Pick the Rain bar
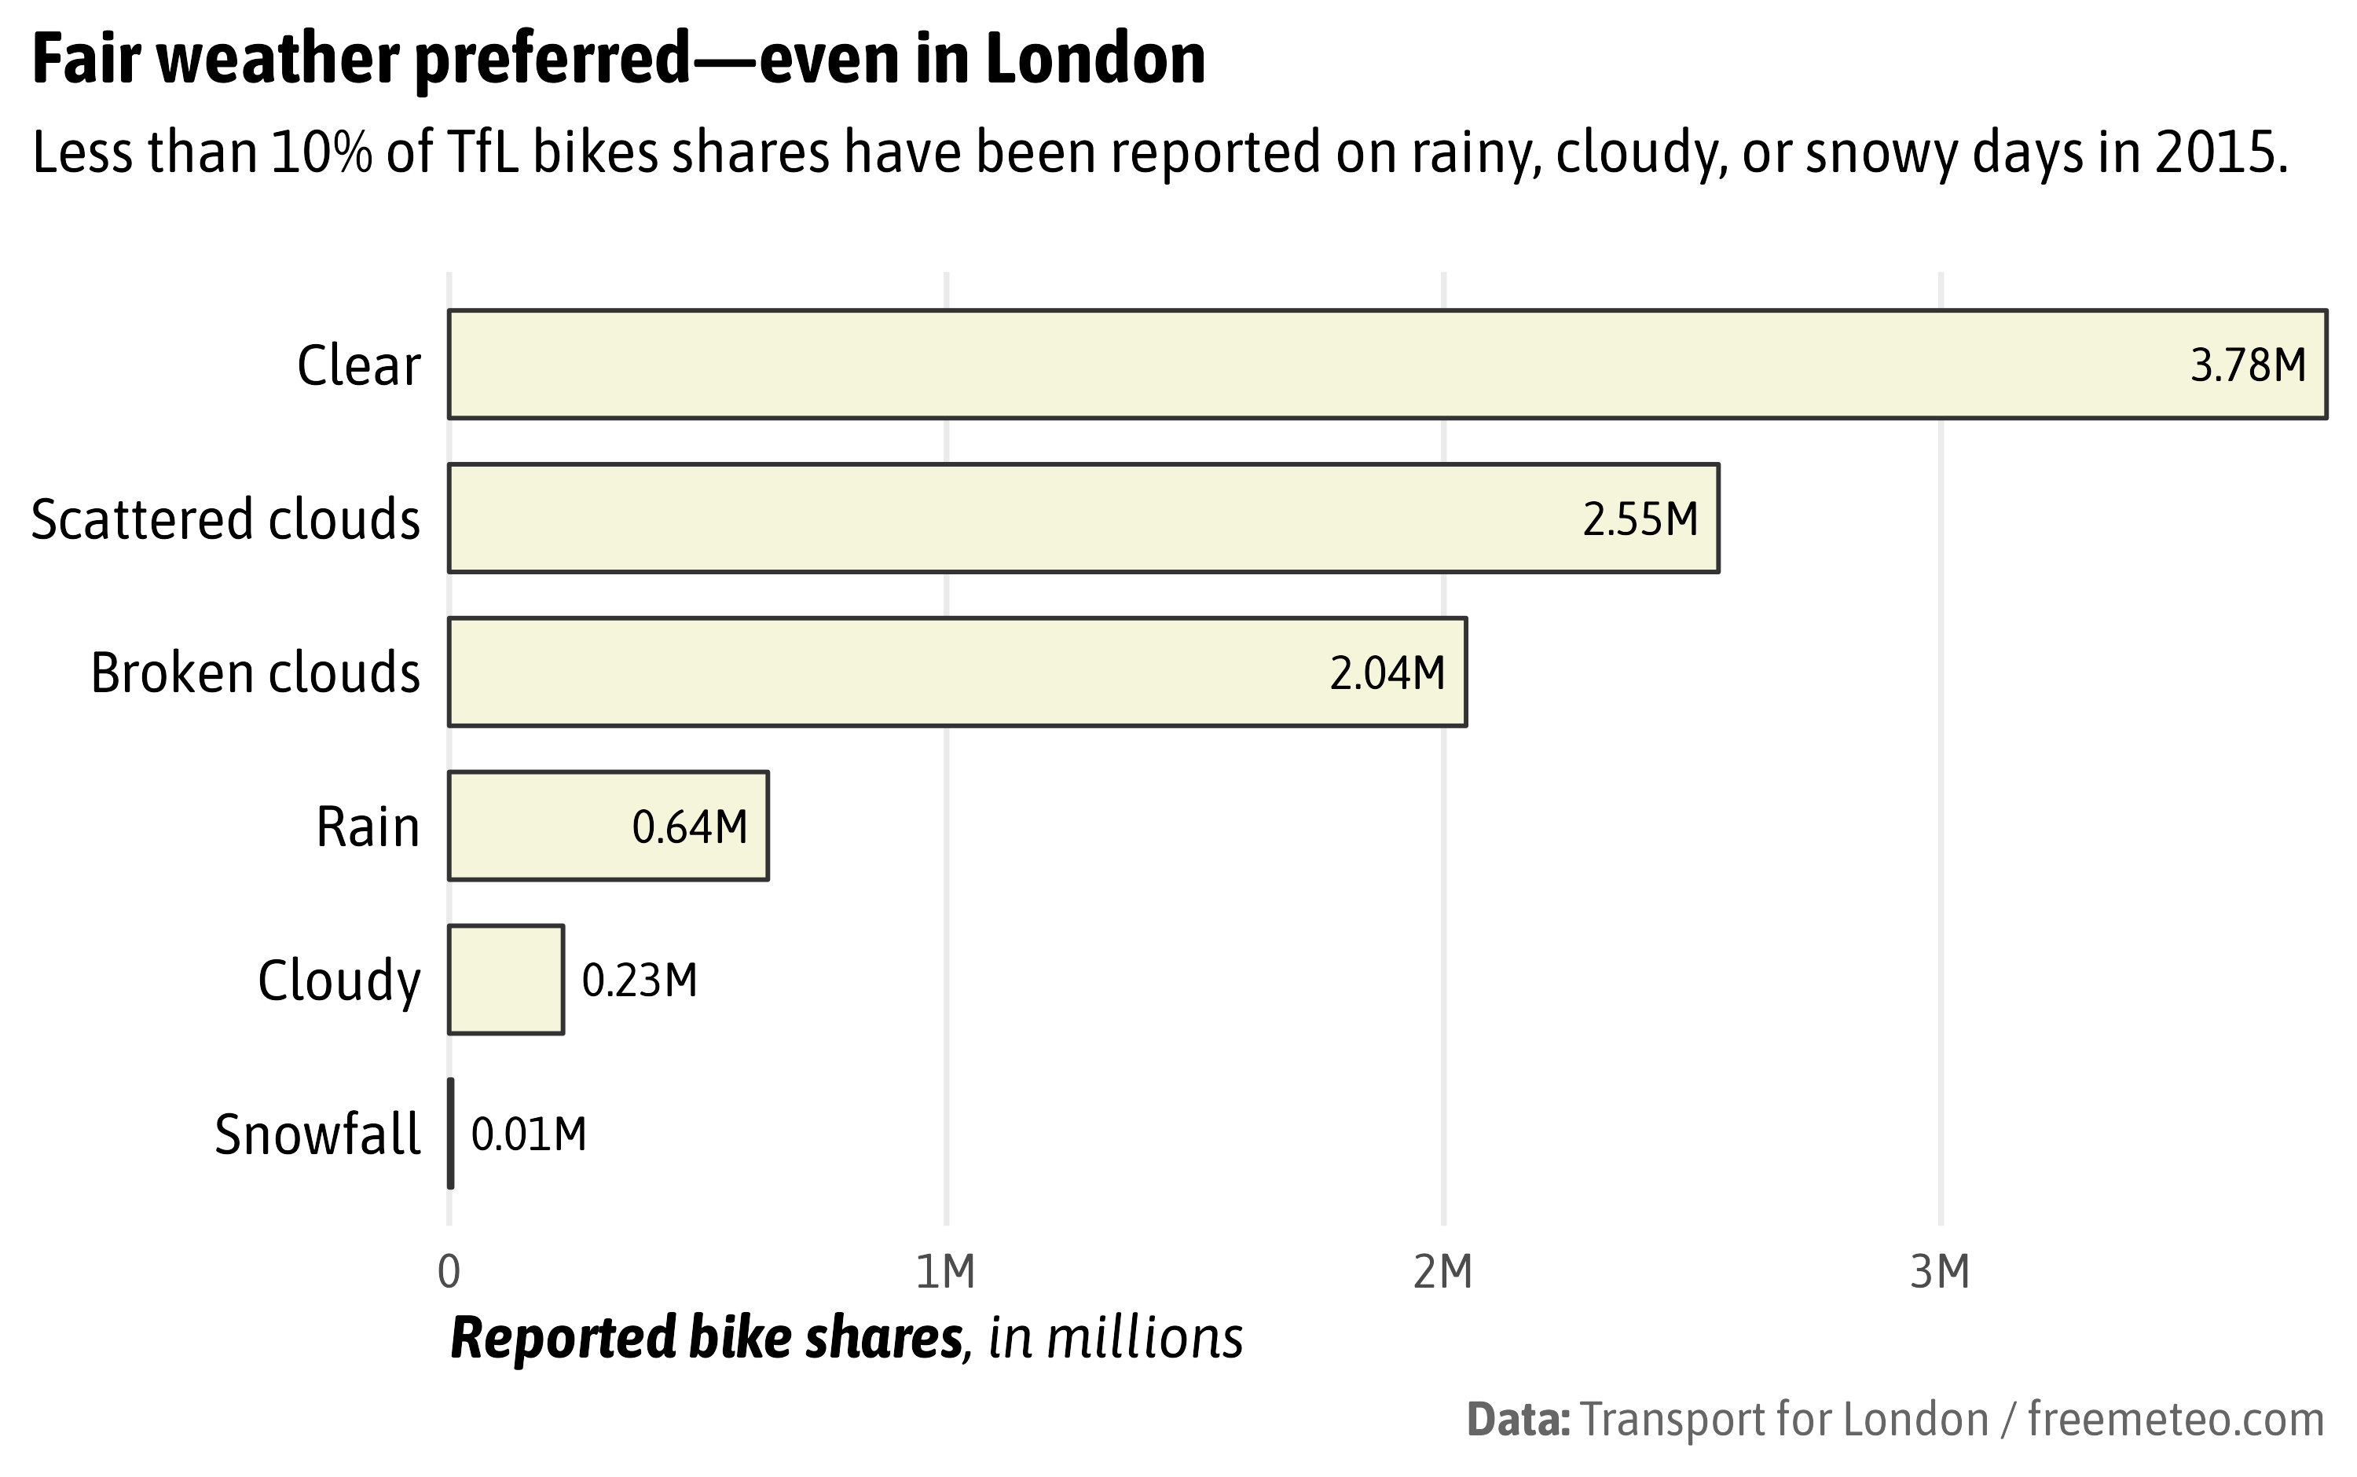tap(537, 826)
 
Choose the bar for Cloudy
tap(506, 980)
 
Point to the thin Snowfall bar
tap(450, 1133)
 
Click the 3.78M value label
tap(2248, 366)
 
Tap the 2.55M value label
tap(1640, 519)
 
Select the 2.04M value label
tap(1387, 674)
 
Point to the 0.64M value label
tap(690, 827)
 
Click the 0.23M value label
tap(640, 980)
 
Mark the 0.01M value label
tap(529, 1135)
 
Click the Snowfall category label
tap(317, 1135)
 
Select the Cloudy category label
tap(339, 980)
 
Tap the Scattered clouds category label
tap(225, 519)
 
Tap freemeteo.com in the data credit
tap(2176, 1420)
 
